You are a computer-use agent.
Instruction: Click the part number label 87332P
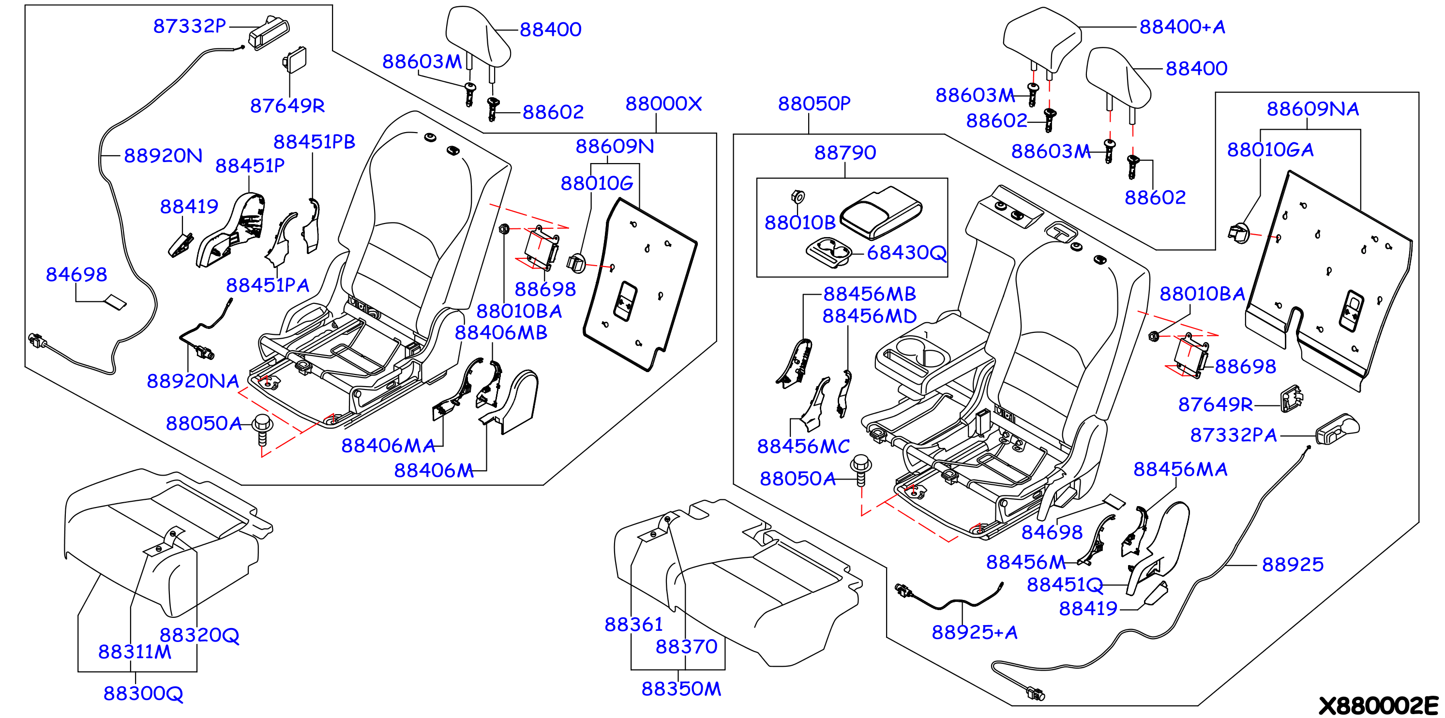tap(190, 26)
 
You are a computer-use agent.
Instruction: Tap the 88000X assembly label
tap(663, 103)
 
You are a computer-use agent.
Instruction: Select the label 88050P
tap(814, 103)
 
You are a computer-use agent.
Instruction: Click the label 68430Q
tap(906, 253)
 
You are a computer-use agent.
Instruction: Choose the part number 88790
tap(845, 152)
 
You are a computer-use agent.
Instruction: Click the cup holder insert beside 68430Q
tap(829, 252)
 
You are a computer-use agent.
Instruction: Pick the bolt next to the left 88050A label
tap(262, 429)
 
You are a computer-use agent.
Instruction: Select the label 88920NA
tap(193, 381)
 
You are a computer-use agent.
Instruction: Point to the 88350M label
tap(681, 688)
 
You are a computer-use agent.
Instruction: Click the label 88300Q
tap(143, 693)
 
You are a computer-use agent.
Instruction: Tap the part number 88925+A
tap(974, 632)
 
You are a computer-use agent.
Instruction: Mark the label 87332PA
tap(1234, 435)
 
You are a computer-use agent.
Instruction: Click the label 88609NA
tap(1312, 108)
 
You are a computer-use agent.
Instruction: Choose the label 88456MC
tap(803, 446)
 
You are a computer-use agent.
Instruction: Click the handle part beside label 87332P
tap(269, 32)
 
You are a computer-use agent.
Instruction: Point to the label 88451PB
tap(314, 142)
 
